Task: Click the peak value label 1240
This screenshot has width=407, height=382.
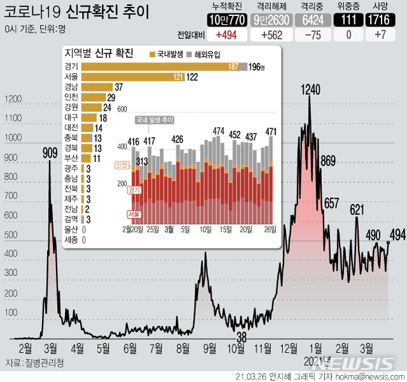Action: [310, 90]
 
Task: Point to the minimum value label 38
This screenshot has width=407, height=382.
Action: [242, 337]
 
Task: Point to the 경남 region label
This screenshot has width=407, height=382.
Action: [72, 87]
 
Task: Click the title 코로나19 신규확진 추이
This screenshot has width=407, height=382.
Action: [76, 12]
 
